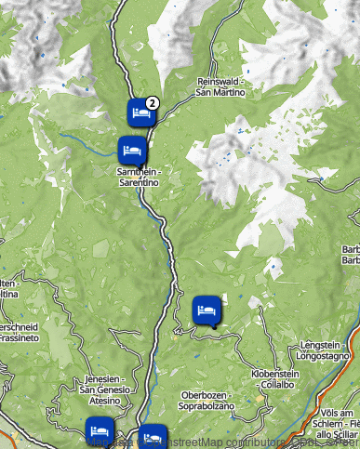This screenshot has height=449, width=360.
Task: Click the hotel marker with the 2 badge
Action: pos(140,113)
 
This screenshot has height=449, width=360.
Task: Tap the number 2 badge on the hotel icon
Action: pos(153,103)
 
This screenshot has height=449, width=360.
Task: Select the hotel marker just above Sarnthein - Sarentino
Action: pos(131,149)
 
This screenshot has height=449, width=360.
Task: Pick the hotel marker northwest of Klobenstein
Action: pos(207,310)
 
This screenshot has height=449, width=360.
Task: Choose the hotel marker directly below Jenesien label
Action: pos(99,430)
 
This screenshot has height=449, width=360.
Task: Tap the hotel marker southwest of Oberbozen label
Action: pos(152,436)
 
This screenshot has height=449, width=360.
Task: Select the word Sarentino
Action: pos(140,183)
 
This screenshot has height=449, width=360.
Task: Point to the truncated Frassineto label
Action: pos(18,338)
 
